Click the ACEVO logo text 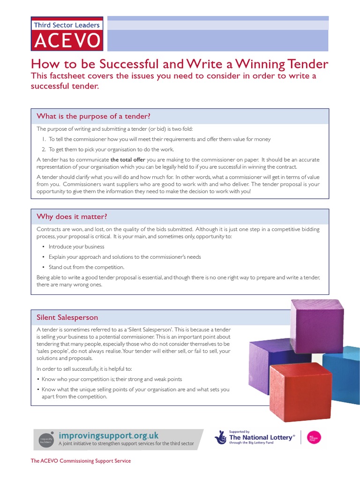(67, 41)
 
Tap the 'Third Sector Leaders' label (66, 25)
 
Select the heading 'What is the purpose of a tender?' (93, 116)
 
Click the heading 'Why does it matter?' (72, 217)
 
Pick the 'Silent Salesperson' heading (67, 317)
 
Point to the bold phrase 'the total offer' (127, 160)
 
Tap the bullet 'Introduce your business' (76, 247)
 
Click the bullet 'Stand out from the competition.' (86, 267)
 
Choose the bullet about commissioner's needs (125, 257)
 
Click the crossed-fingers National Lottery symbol (220, 437)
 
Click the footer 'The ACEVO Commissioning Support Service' (81, 461)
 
